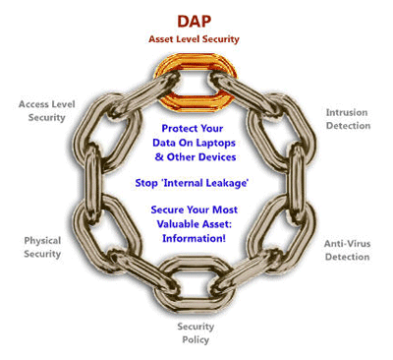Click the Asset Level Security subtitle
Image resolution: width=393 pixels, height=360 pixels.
[x=195, y=39]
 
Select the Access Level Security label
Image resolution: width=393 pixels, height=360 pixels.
[x=41, y=110]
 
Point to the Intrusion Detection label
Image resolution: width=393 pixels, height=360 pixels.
[x=348, y=119]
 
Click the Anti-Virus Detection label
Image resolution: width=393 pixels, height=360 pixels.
[x=347, y=250]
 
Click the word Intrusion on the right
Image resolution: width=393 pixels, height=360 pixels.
[x=348, y=112]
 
